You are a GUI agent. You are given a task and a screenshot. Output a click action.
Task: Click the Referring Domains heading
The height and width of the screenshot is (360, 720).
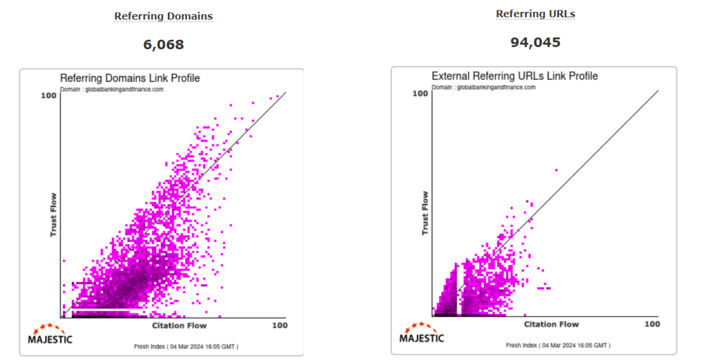pos(163,16)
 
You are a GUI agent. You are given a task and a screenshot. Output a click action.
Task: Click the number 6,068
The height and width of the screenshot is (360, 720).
pos(163,45)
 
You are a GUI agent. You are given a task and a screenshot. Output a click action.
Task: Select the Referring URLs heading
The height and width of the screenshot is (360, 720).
pos(535,14)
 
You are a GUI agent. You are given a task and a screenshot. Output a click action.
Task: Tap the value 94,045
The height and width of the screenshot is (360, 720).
pos(535,42)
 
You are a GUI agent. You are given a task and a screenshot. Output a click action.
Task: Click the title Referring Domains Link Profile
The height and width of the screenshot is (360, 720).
pos(130,78)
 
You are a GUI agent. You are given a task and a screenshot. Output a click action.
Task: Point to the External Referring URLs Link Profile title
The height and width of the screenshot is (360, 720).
pos(514,76)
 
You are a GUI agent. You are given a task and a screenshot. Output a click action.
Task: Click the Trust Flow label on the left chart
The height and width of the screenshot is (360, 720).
pos(53,215)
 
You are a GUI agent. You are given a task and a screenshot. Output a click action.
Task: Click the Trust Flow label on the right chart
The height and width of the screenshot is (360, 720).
pos(425,213)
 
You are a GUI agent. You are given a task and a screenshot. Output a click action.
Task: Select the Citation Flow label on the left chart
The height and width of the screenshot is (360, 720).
pos(179,326)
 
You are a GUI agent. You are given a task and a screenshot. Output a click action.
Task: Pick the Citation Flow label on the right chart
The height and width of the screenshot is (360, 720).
pos(551,324)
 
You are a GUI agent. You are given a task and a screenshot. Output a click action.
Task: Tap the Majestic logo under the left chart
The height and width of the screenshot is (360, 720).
pos(49,335)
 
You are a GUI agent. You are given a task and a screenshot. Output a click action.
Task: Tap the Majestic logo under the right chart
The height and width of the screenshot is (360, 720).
pos(422,333)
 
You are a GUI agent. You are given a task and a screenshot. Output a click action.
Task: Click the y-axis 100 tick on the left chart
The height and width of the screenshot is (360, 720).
pos(49,95)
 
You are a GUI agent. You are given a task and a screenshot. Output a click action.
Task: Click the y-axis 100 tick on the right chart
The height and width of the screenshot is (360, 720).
pos(420,93)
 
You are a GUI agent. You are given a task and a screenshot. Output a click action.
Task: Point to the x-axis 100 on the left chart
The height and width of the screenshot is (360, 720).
pos(279,326)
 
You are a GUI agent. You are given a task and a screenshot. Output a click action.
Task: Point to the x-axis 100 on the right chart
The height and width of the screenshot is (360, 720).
pos(652,324)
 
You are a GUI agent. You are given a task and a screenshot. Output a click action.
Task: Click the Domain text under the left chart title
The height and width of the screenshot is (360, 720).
pos(112,89)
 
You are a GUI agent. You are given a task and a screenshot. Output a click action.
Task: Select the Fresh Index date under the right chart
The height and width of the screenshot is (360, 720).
pos(558,345)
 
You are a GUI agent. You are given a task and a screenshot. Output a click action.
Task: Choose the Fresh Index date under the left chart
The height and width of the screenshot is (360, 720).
pos(186,347)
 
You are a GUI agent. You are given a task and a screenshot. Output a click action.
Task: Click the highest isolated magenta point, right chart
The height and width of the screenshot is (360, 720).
pos(556,170)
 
